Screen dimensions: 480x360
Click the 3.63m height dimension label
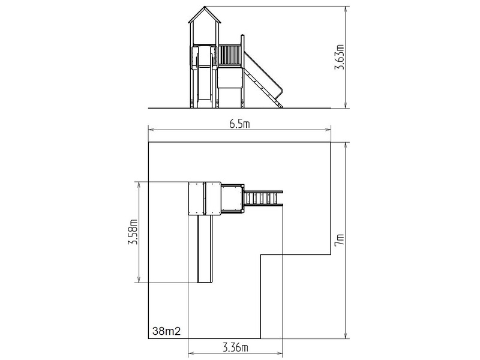[x=339, y=57]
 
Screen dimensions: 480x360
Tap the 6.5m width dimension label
[x=239, y=124]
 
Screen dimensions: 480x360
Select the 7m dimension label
[x=340, y=239]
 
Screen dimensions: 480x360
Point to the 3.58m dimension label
[x=133, y=232]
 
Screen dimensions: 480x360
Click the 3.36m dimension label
[x=235, y=348]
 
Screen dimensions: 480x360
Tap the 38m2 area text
[x=167, y=331]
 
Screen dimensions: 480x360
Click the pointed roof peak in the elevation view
[x=204, y=7]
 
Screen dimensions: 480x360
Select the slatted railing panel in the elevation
[x=230, y=55]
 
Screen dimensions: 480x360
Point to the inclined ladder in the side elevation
[x=263, y=80]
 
